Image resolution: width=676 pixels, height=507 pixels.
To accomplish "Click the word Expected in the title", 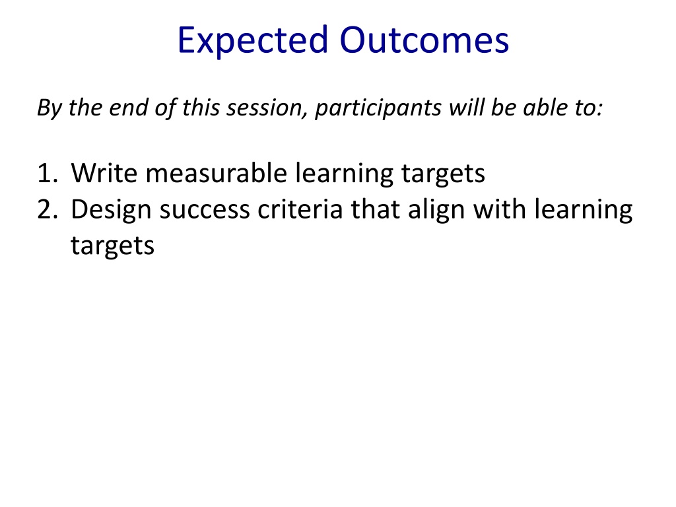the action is [x=253, y=40].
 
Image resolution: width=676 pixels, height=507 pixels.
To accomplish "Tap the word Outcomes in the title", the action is [x=424, y=40].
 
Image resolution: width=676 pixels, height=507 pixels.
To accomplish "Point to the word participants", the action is [x=378, y=108].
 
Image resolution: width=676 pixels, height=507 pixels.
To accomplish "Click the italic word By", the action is [x=50, y=108].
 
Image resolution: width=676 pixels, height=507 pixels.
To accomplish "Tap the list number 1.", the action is [x=48, y=174].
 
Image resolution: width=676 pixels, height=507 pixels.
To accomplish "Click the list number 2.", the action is [x=48, y=209].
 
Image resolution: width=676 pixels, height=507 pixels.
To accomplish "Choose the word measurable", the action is [x=217, y=172].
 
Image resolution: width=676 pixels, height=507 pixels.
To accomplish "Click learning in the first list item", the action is [x=344, y=174].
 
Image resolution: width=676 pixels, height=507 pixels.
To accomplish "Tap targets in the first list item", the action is [x=443, y=174].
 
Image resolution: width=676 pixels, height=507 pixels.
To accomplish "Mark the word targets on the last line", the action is [x=112, y=247].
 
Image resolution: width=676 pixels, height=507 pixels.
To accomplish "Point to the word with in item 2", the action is [x=499, y=209].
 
